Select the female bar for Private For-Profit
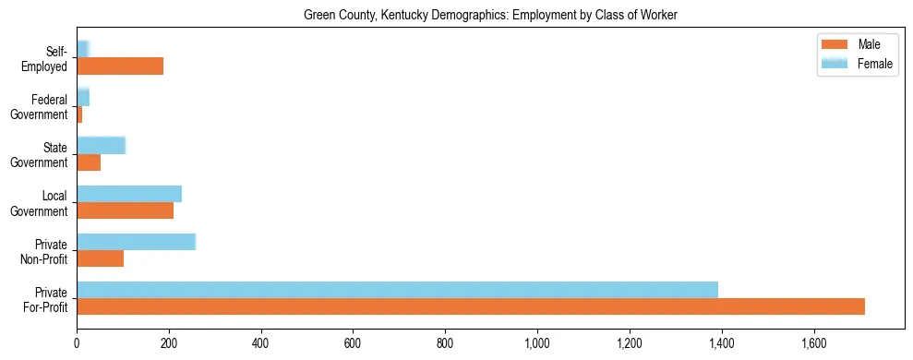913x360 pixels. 397,289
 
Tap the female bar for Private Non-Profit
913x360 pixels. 136,241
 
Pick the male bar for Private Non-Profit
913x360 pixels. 100,258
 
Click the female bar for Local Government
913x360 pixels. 129,193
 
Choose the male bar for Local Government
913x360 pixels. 125,210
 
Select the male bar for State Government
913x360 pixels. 89,162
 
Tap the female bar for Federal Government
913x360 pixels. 83,97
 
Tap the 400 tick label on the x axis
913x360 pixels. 261,344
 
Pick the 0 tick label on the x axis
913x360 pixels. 77,344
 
